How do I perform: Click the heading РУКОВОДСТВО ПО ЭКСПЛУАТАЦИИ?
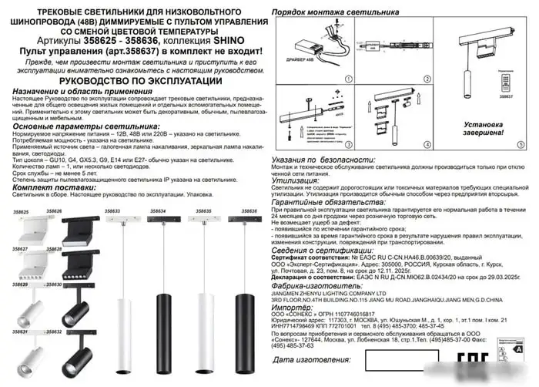click(x=136, y=79)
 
